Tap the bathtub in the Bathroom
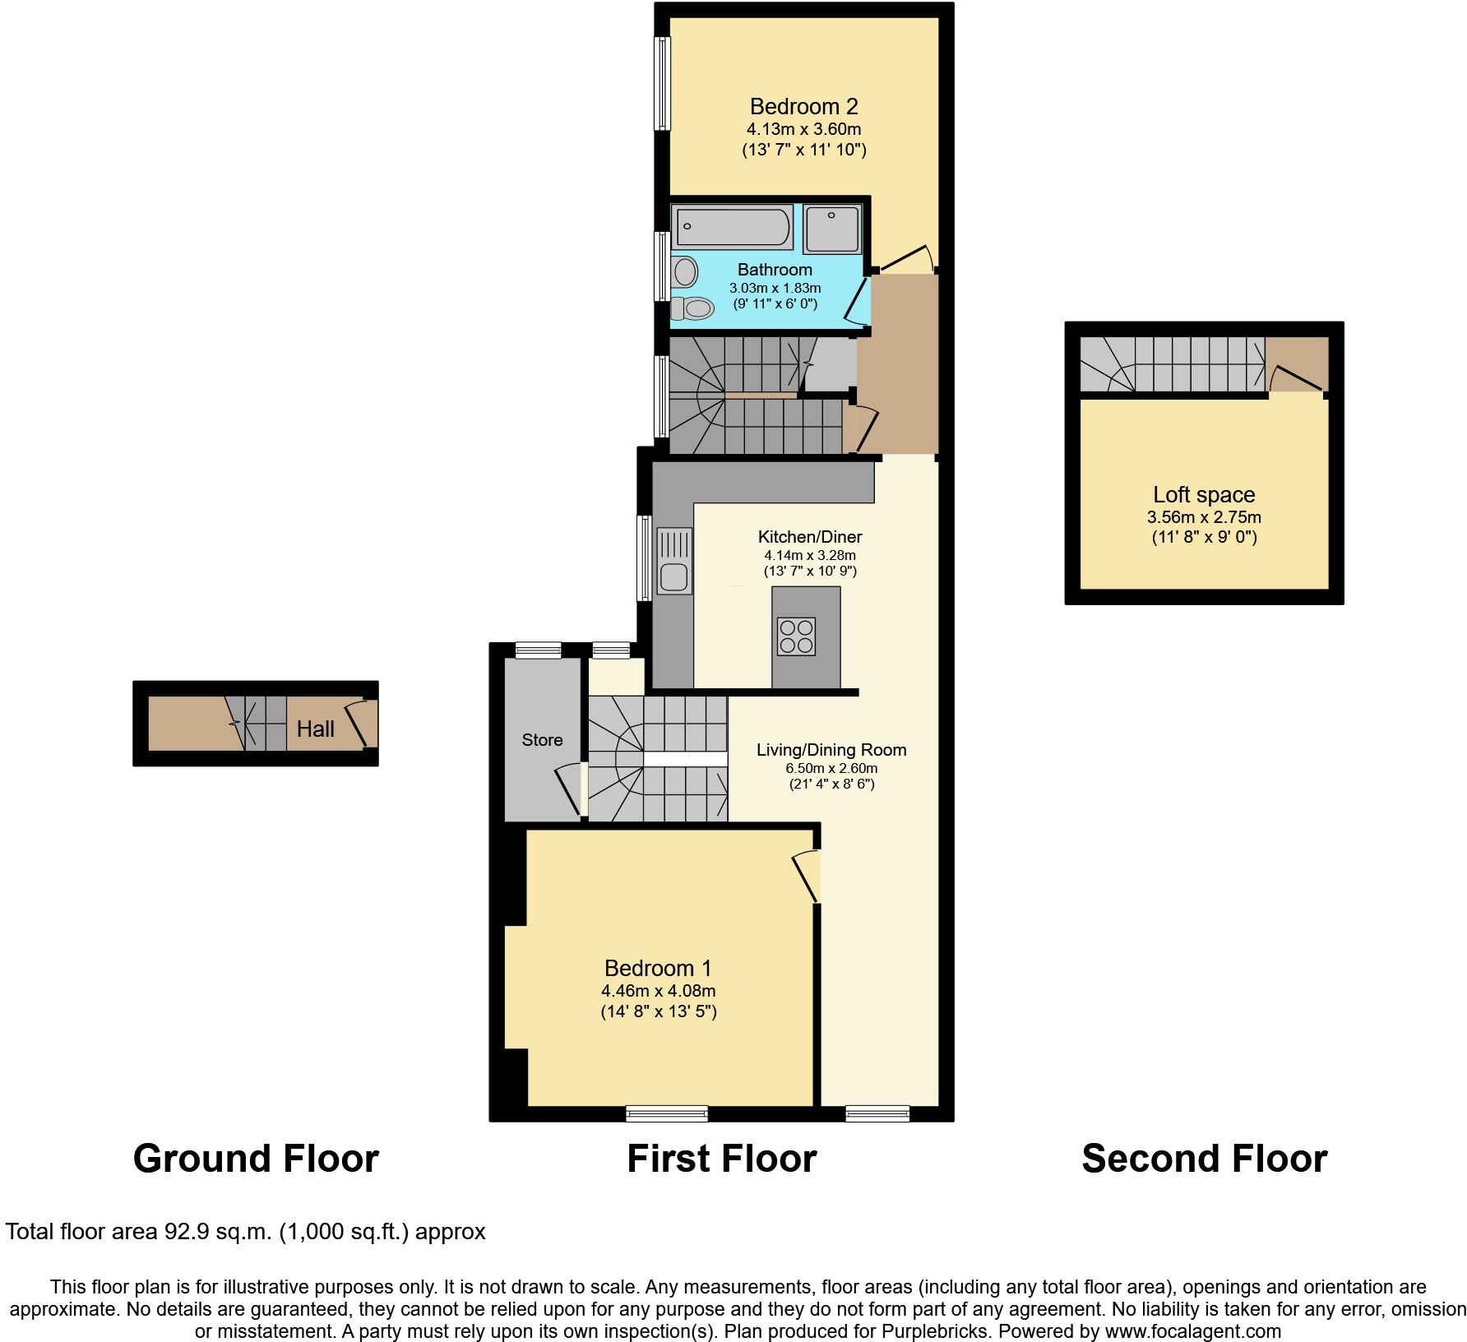point(732,227)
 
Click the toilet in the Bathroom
point(692,308)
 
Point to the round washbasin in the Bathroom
point(684,270)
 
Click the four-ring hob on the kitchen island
point(796,636)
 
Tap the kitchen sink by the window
point(673,578)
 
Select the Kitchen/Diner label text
point(809,537)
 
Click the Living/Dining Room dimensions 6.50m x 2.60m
point(831,768)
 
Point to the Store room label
point(542,740)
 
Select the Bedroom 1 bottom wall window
point(666,1113)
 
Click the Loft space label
point(1203,495)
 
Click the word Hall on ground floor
point(316,729)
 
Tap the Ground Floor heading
point(256,1159)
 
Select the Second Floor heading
point(1204,1159)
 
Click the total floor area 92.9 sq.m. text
point(245,1232)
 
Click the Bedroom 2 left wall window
point(661,82)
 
